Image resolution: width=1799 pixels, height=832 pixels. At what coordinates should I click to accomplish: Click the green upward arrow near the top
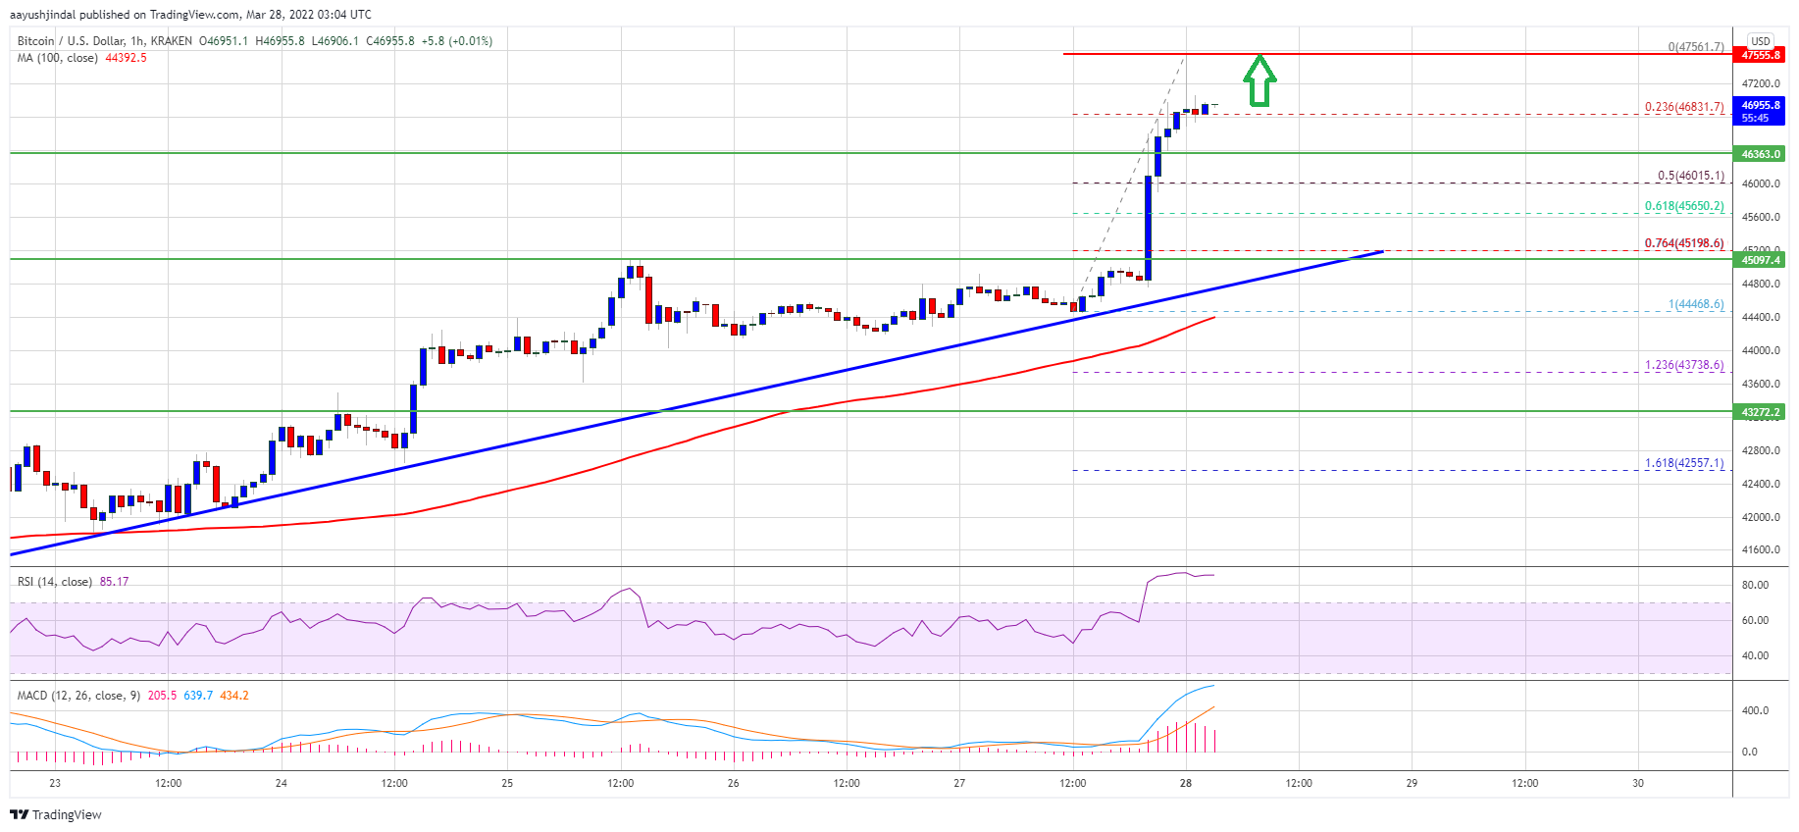[x=1259, y=80]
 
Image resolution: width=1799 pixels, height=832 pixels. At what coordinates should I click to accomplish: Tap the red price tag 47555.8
[x=1760, y=55]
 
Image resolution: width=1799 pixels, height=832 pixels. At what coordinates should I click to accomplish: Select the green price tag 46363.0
[x=1760, y=154]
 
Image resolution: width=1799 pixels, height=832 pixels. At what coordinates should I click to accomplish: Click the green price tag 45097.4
[x=1760, y=260]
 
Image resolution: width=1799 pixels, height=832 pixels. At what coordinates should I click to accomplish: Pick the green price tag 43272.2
[x=1760, y=412]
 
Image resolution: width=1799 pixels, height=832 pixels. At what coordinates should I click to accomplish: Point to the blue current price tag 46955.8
[x=1760, y=111]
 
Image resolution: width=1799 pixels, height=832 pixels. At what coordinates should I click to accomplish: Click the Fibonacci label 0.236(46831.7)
[x=1683, y=107]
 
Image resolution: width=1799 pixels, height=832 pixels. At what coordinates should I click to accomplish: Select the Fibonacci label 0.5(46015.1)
[x=1690, y=176]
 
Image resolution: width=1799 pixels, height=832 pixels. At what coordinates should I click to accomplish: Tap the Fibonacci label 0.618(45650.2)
[x=1683, y=206]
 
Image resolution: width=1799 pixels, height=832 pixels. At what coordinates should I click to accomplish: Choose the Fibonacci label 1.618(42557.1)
[x=1683, y=463]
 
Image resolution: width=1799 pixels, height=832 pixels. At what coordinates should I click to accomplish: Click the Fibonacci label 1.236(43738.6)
[x=1683, y=365]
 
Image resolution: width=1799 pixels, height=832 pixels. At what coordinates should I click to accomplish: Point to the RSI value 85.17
[x=114, y=582]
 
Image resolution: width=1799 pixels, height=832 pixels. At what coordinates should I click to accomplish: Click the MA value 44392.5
[x=126, y=58]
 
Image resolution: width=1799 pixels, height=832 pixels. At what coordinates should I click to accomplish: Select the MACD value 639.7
[x=198, y=696]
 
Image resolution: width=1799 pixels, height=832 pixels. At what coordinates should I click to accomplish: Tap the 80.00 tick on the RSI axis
[x=1755, y=585]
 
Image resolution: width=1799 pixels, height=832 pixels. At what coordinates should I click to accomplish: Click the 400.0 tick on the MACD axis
[x=1755, y=710]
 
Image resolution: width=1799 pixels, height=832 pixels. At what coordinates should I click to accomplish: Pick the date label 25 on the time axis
[x=507, y=783]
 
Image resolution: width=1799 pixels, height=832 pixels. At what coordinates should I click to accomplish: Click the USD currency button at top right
[x=1761, y=41]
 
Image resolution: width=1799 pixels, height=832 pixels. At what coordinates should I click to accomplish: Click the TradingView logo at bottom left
[x=56, y=814]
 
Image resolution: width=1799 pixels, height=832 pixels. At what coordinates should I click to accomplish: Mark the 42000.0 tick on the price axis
[x=1760, y=517]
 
